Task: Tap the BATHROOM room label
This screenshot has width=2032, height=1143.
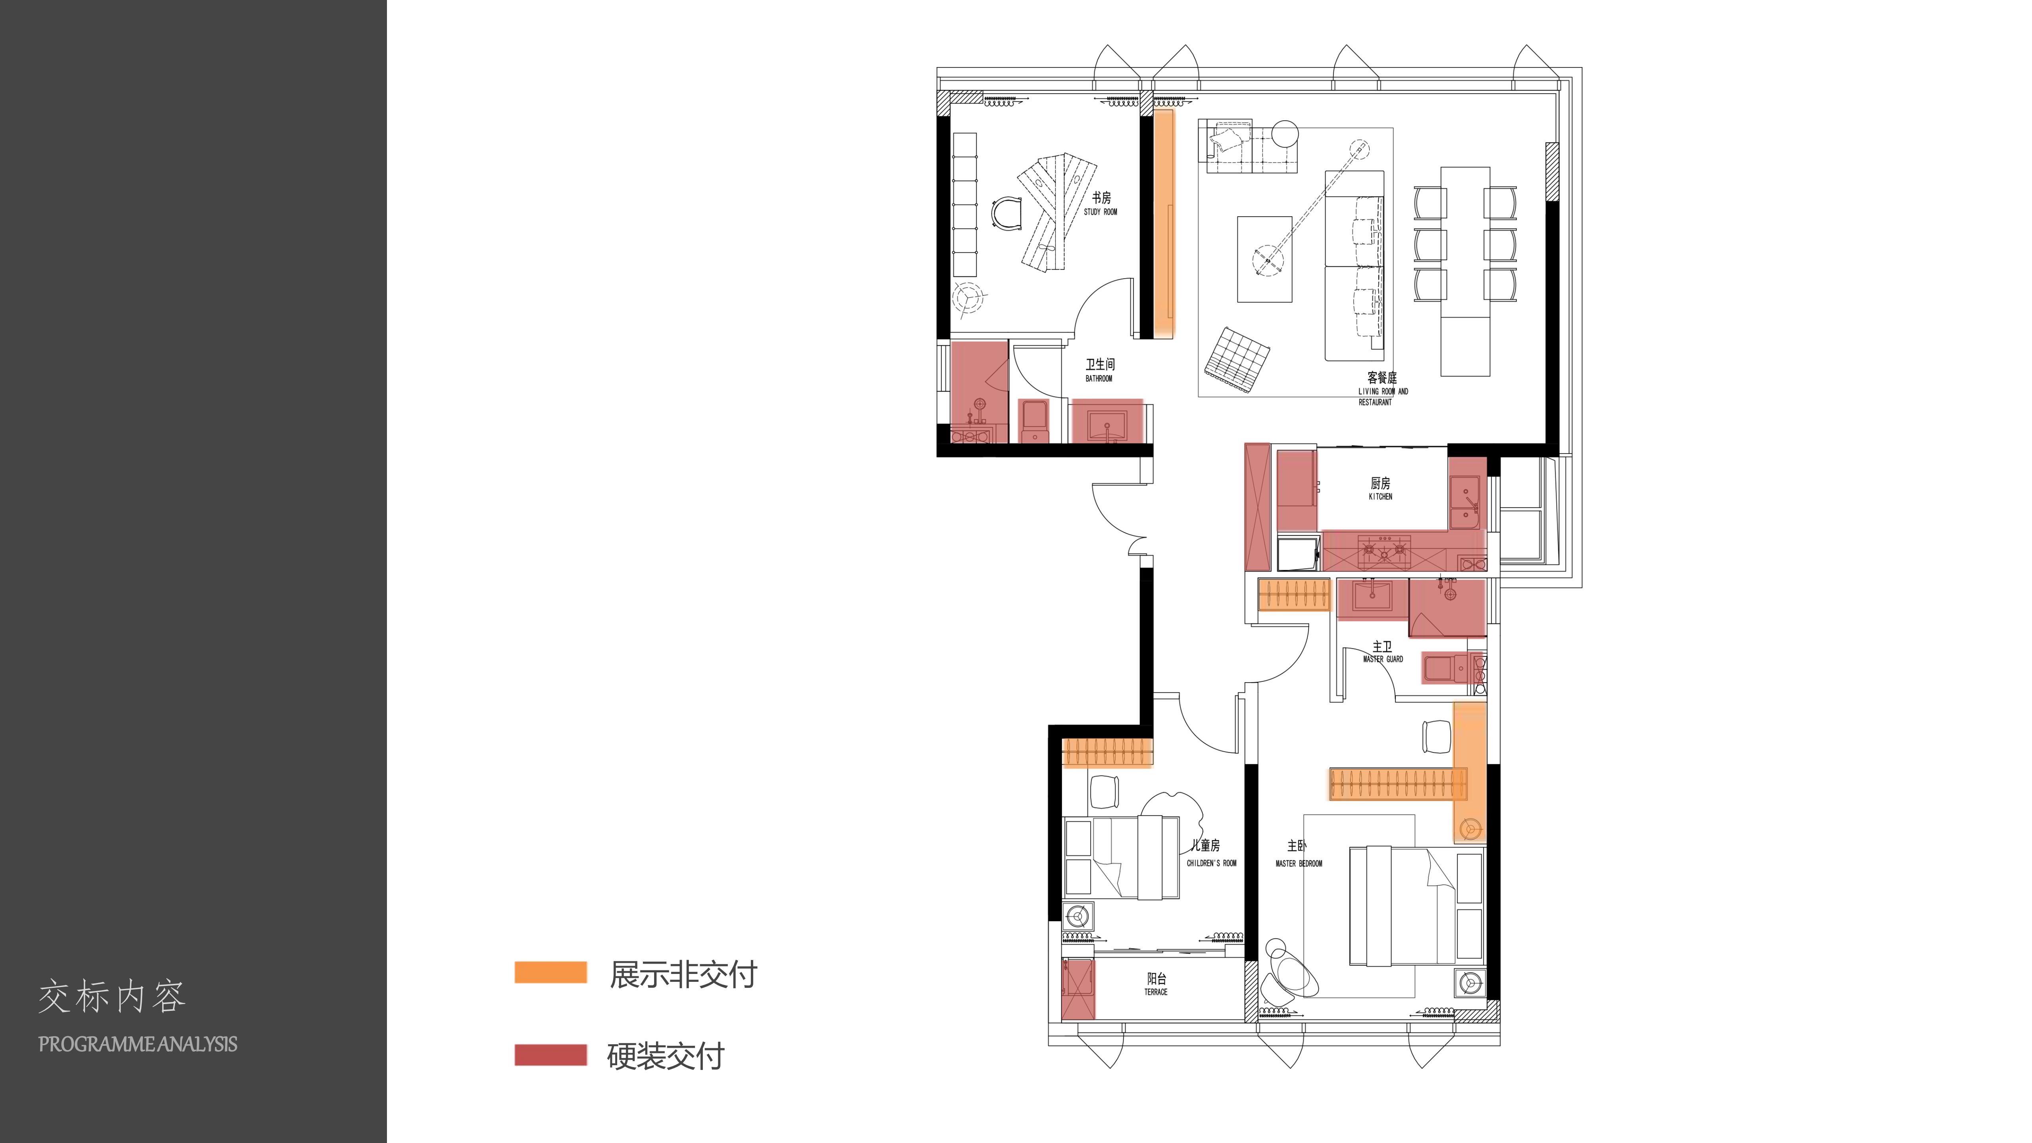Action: pyautogui.click(x=1099, y=379)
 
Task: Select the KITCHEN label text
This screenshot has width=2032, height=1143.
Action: pyautogui.click(x=1380, y=497)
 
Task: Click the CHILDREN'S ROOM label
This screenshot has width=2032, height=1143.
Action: pyautogui.click(x=1212, y=863)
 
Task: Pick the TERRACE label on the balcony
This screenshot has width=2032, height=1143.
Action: pyautogui.click(x=1156, y=992)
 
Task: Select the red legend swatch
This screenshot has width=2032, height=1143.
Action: pyautogui.click(x=550, y=1054)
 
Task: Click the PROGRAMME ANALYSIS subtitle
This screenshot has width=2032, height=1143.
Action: pyautogui.click(x=138, y=1045)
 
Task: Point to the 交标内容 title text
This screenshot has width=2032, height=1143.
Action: pyautogui.click(x=112, y=997)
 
